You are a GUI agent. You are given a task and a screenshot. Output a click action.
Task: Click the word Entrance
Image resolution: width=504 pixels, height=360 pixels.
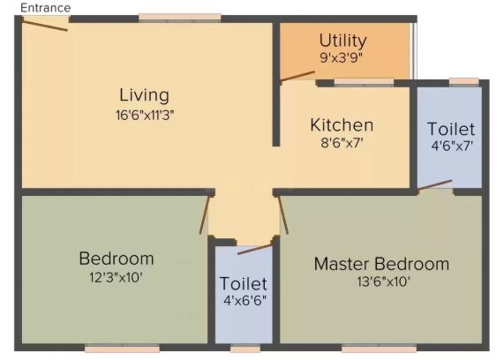point(46,7)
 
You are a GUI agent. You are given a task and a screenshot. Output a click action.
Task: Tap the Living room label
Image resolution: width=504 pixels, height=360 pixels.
point(145,95)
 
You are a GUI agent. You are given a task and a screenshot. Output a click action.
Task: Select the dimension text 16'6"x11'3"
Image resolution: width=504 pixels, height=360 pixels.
point(145,114)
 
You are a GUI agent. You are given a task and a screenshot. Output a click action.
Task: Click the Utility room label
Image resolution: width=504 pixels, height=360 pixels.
point(343,41)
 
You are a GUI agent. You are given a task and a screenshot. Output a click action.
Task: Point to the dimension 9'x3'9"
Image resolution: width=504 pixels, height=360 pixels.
point(343,57)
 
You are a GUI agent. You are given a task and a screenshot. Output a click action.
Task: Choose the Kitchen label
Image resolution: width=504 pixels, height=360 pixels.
point(341,125)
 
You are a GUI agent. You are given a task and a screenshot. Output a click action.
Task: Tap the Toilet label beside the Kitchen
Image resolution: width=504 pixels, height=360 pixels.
point(450,130)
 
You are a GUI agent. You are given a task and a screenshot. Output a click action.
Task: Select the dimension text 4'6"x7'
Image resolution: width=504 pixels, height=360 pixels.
point(451,146)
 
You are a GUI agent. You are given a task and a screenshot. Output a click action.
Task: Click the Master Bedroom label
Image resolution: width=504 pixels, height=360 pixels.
point(381,264)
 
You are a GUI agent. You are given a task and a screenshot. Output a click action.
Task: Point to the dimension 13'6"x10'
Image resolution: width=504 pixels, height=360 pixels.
point(381,282)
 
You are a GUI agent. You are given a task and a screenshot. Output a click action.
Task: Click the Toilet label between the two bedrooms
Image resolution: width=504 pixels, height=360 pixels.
point(244,285)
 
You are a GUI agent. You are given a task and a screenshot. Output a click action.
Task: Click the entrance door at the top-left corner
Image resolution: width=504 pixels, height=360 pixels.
point(44,24)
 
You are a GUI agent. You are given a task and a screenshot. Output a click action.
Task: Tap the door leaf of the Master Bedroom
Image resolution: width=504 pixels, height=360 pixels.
point(283,214)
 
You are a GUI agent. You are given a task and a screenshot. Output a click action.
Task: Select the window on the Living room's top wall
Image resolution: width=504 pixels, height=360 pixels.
point(180,17)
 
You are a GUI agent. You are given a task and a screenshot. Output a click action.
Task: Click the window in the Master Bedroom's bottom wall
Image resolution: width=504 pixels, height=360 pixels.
point(379,348)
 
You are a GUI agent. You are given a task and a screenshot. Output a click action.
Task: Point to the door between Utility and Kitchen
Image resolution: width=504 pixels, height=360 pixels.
point(298,77)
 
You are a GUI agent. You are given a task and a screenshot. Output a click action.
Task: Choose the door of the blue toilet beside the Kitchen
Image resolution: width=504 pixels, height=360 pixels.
point(434,185)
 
